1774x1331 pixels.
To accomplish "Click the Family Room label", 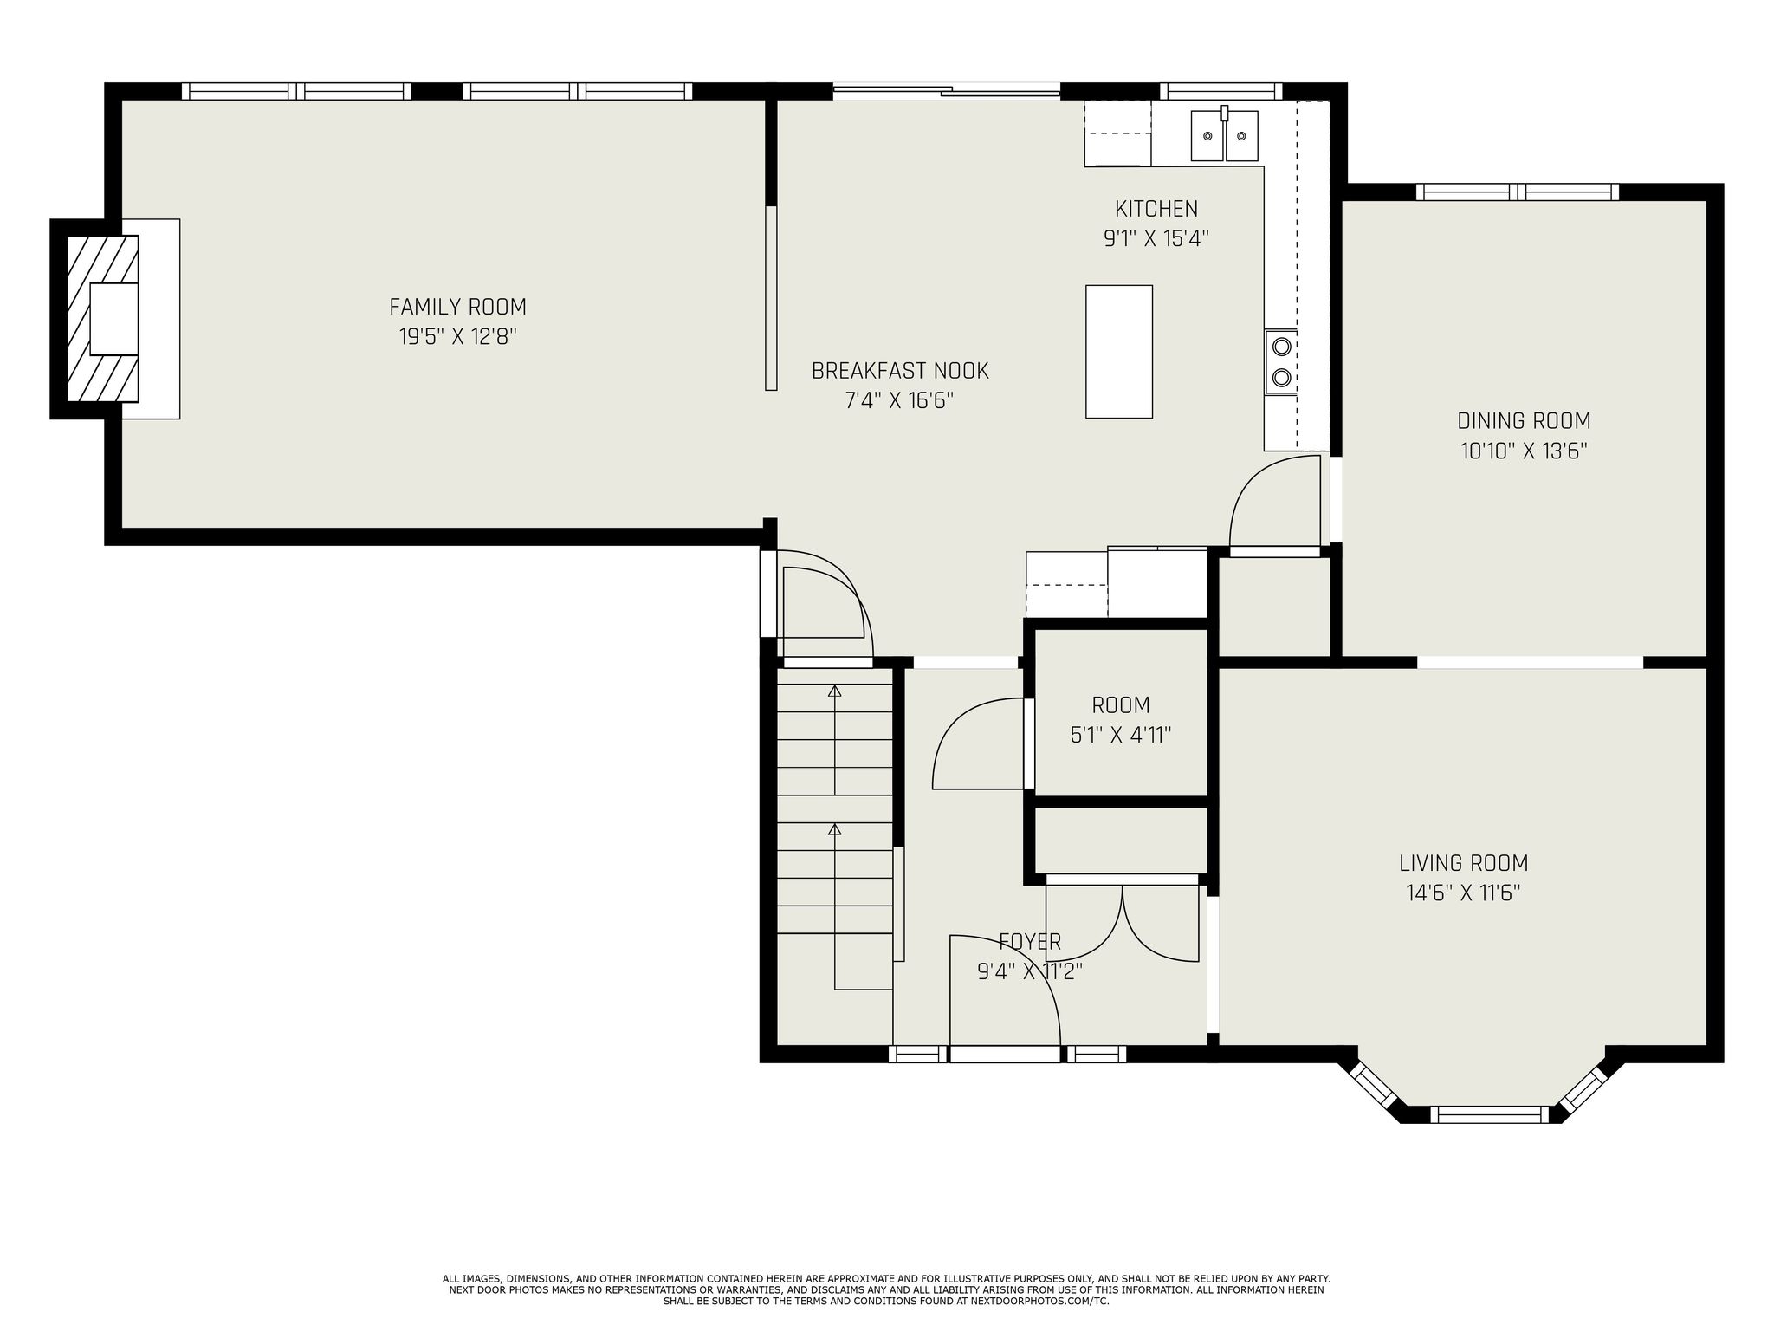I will click(457, 307).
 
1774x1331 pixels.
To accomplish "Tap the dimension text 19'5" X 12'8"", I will click(457, 337).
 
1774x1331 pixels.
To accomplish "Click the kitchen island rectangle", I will click(1118, 352).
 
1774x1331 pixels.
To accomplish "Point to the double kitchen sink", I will click(1223, 136).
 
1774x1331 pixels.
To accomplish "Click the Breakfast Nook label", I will click(899, 371).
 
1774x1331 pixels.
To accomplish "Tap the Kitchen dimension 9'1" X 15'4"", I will click(1156, 238).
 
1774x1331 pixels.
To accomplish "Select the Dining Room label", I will click(1524, 421).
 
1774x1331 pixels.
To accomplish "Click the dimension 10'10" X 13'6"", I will click(1524, 451).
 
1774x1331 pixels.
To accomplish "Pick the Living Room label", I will click(1463, 863).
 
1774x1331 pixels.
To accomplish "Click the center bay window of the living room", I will click(1488, 1113).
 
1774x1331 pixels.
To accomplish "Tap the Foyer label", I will click(1029, 941).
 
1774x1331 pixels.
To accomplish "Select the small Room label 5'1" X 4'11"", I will click(1120, 720).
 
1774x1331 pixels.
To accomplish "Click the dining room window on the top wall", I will click(1517, 192).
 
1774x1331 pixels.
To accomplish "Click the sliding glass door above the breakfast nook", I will click(946, 89).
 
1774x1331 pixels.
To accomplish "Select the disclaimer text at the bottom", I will click(886, 1289).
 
